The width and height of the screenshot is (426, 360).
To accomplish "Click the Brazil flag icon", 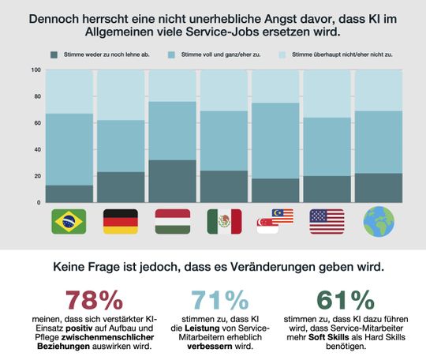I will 69,221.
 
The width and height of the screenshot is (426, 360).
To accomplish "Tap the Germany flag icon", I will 120,221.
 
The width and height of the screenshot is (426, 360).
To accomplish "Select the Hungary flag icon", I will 172,221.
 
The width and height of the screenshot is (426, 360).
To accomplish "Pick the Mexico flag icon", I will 224,221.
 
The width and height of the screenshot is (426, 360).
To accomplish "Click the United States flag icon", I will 327,221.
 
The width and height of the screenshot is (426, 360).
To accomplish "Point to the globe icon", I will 378,221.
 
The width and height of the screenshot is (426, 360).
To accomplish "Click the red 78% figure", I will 95,300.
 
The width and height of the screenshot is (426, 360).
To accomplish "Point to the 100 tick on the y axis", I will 35,70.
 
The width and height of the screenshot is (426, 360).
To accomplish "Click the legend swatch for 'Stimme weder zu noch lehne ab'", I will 54,54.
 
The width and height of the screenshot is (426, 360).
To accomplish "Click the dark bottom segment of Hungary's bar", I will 172,182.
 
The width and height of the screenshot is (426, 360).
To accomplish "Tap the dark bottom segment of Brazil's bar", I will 69,194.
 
